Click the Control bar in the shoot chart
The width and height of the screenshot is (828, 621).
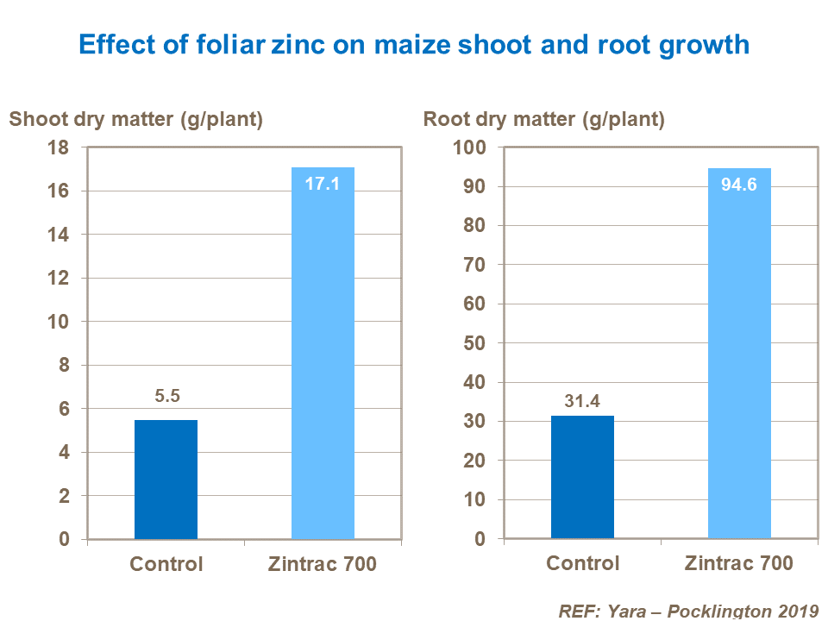[166, 480]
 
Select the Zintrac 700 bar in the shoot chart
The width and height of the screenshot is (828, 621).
[323, 354]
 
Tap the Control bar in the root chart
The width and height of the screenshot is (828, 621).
[582, 477]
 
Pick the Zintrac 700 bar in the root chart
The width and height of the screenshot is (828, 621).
[739, 354]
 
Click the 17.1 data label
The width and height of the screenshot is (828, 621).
[323, 184]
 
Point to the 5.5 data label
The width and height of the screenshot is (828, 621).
[166, 397]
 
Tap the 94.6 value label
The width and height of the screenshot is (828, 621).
[739, 185]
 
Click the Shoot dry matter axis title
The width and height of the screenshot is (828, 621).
[135, 119]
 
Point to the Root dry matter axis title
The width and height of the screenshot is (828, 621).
[543, 119]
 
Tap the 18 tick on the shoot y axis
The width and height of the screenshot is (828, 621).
[58, 147]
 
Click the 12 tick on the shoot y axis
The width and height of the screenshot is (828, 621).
[58, 278]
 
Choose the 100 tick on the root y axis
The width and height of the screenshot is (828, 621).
[470, 147]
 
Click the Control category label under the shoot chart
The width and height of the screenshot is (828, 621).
[166, 564]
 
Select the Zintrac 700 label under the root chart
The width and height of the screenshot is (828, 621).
[739, 564]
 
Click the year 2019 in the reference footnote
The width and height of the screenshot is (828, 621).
[793, 611]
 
